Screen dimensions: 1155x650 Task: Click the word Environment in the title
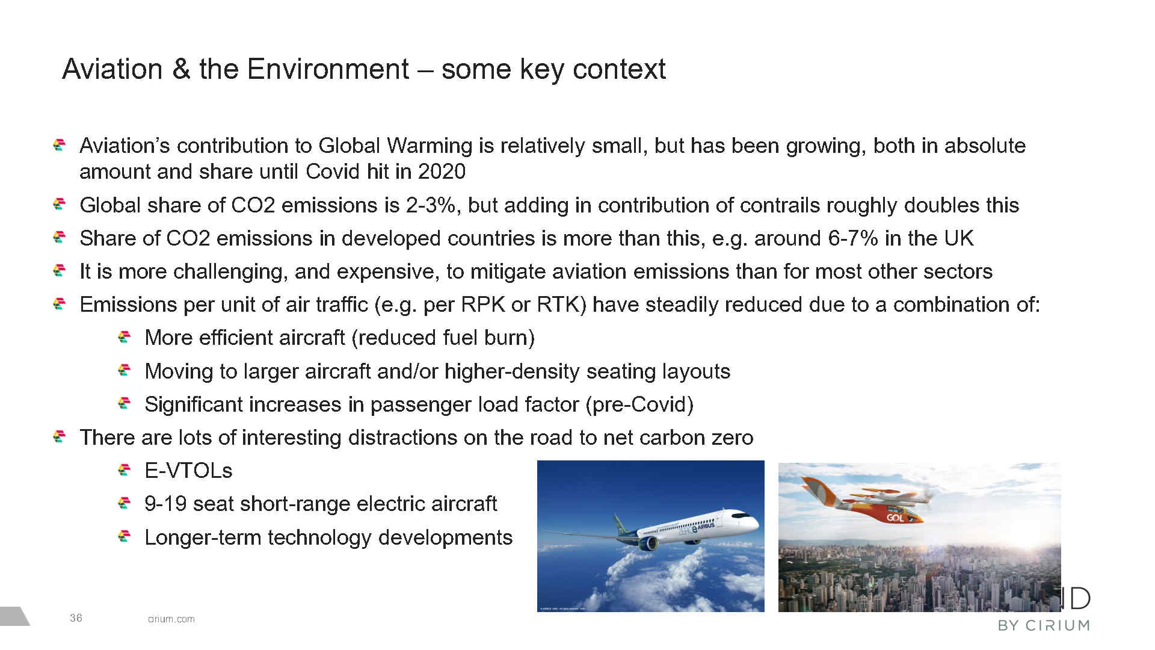[328, 69]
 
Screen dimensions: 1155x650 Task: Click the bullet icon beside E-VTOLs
[125, 469]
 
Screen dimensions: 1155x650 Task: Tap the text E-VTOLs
[188, 471]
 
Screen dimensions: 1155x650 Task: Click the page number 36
[76, 618]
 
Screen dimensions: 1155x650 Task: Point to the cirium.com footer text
[171, 619]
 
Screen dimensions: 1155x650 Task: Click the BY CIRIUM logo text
[1044, 626]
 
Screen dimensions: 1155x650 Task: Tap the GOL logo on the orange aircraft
[895, 518]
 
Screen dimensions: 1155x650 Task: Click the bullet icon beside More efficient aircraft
[125, 336]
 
